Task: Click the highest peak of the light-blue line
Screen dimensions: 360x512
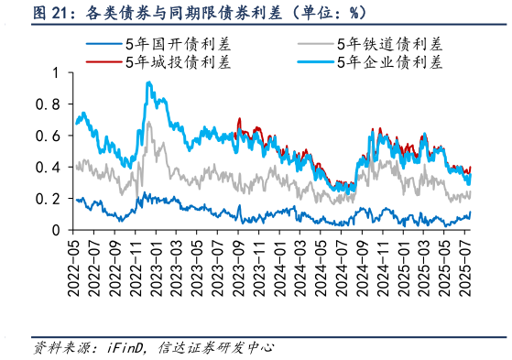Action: pyautogui.click(x=148, y=82)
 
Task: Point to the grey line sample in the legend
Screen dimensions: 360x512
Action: pyautogui.click(x=316, y=44)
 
